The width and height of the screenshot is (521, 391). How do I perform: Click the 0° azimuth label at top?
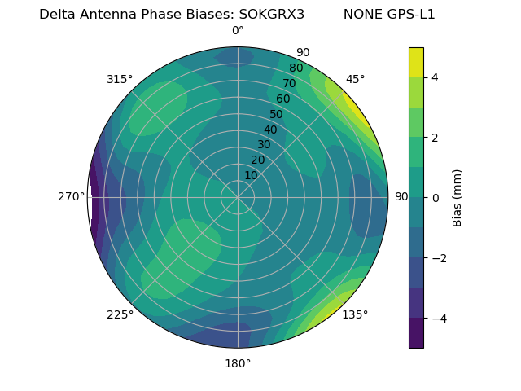pos(238,31)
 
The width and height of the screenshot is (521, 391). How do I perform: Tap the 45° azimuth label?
pos(355,79)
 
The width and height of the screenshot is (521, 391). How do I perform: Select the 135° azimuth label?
pos(355,314)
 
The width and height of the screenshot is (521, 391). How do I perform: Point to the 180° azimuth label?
pos(238,363)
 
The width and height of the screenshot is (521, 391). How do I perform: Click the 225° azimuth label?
pos(120,314)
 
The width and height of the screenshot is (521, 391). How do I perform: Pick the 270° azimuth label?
pos(72,197)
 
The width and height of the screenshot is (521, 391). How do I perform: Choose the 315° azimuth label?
pos(120,79)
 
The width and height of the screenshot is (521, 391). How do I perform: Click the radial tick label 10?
pos(251,175)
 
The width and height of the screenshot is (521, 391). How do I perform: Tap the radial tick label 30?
pos(264,145)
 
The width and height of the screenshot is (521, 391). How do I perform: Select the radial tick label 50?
pos(277,114)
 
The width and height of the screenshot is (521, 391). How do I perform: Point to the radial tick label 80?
pos(296,68)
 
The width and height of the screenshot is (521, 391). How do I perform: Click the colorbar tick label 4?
pos(435,77)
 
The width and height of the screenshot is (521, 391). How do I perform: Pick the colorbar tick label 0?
pos(435,197)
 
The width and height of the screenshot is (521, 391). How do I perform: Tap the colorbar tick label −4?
pos(438,318)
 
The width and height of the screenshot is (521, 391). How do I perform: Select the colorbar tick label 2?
pos(435,138)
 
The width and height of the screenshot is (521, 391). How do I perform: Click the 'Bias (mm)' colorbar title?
pos(458,197)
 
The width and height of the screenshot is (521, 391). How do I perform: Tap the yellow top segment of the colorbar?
pos(416,62)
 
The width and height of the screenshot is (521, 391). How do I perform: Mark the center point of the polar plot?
pos(238,197)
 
